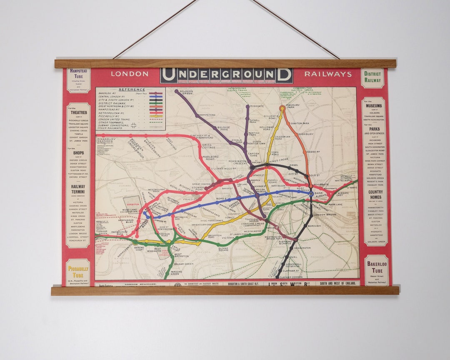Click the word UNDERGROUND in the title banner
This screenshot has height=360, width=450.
click(226, 75)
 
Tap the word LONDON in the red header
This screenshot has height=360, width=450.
click(129, 74)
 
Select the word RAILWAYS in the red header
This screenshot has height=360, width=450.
click(328, 74)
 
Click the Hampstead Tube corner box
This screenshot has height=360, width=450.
click(78, 80)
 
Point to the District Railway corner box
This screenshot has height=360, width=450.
click(372, 78)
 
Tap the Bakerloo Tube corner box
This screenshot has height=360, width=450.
click(376, 270)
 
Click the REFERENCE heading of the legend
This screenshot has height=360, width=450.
click(132, 90)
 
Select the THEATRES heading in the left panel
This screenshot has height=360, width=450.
click(79, 112)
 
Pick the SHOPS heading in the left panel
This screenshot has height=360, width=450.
click(78, 153)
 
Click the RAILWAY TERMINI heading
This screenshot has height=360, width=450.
click(78, 189)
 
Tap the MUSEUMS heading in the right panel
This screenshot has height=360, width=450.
click(374, 106)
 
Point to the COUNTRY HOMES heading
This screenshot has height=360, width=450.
click(375, 195)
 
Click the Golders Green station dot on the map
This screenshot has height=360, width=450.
click(176, 91)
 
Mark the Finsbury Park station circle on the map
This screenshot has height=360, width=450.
click(282, 108)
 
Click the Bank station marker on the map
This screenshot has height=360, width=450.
click(311, 193)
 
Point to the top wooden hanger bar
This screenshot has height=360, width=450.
click(225, 63)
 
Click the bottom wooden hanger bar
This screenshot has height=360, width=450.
click(225, 290)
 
